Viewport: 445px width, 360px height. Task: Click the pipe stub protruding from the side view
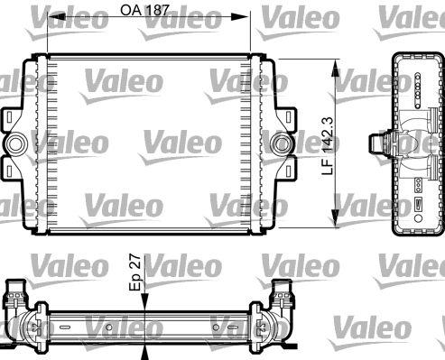[x=378, y=143]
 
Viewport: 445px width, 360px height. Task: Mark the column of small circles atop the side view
[x=421, y=85]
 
